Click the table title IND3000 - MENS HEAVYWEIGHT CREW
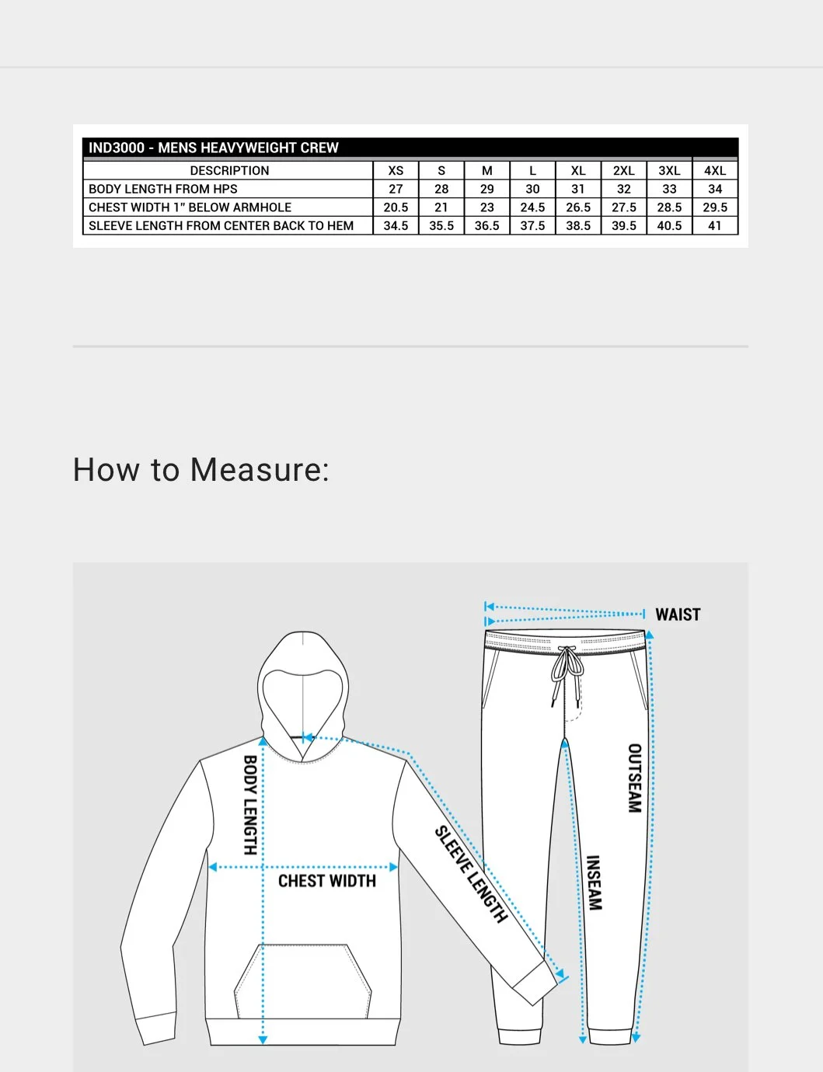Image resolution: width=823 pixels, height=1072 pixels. click(214, 148)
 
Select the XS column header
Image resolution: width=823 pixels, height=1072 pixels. click(396, 170)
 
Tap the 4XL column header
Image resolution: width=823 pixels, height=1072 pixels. click(715, 170)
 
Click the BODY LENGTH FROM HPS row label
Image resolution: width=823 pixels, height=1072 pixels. click(163, 189)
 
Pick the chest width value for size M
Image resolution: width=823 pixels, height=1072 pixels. click(487, 207)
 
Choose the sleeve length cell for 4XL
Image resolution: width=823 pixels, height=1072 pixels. click(715, 226)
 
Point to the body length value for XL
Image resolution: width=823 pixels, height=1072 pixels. click(578, 189)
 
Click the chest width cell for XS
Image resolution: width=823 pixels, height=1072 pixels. click(396, 207)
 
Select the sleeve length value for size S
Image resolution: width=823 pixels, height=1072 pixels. click(441, 226)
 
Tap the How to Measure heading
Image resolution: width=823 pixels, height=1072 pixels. click(201, 470)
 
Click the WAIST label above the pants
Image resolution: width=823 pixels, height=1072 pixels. click(678, 614)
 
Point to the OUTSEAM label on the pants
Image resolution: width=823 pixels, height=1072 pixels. click(635, 778)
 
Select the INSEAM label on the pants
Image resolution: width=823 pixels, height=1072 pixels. click(594, 882)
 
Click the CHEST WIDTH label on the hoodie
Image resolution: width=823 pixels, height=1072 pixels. click(327, 881)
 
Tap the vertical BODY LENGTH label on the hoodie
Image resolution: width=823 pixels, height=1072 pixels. click(250, 805)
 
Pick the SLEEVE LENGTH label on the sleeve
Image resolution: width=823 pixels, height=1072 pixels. click(471, 875)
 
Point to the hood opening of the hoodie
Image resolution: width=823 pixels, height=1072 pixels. click(302, 703)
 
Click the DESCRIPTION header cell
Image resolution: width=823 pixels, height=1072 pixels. click(229, 170)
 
